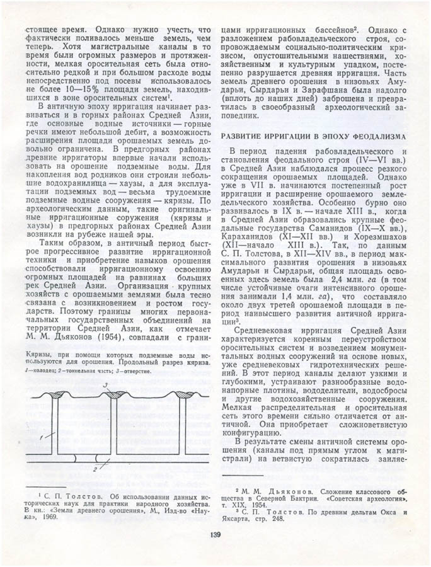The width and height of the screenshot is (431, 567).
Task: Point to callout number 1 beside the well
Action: pyautogui.click(x=39, y=436)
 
